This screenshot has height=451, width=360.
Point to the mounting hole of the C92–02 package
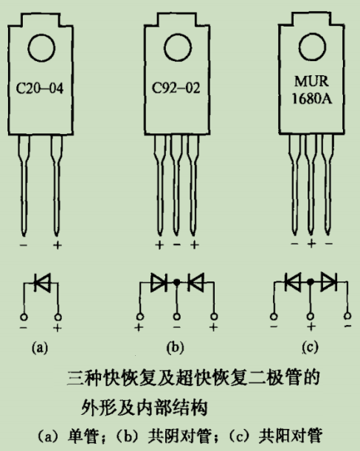(176, 49)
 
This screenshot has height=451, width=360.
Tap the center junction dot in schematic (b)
(176, 282)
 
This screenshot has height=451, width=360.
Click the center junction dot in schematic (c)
(310, 282)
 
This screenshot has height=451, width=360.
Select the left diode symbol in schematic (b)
(159, 282)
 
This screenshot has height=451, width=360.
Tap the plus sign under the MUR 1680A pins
(311, 243)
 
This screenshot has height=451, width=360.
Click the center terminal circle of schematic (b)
(176, 318)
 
